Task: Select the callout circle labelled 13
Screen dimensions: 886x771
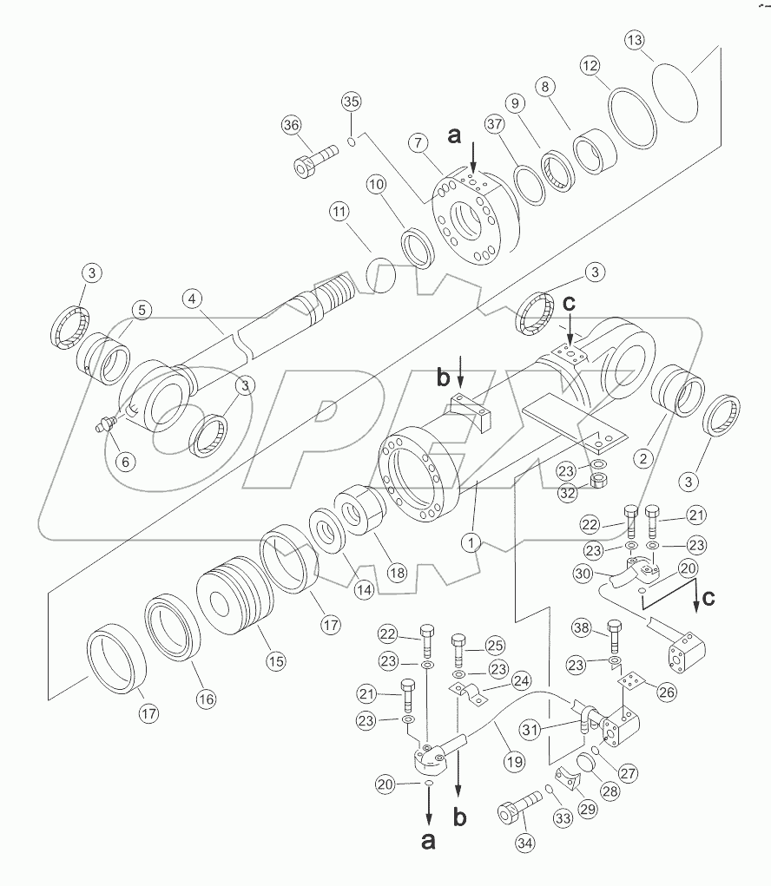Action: click(x=635, y=40)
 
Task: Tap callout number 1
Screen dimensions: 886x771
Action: click(x=471, y=544)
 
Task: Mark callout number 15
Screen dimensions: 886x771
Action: click(x=275, y=660)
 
